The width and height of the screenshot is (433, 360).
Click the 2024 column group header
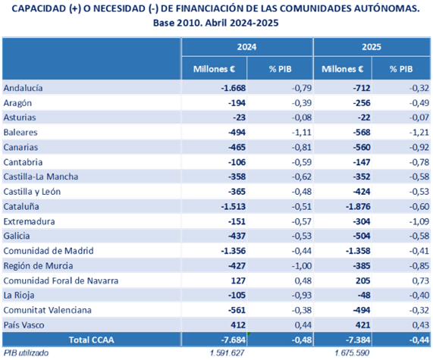(247, 47)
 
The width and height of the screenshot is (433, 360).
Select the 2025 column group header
(372, 47)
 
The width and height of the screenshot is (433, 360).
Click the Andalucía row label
(23, 88)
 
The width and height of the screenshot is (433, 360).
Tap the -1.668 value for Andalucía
(233, 88)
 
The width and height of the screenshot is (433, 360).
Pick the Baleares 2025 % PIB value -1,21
(419, 133)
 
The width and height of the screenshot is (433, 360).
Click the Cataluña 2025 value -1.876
(358, 206)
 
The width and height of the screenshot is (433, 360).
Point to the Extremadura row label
(29, 221)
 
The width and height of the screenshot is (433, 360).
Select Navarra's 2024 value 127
(238, 280)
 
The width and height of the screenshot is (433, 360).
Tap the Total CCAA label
(92, 340)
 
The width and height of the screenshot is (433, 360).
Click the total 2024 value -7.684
(233, 340)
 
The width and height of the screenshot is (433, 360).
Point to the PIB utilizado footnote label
(26, 353)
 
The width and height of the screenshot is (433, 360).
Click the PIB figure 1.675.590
(352, 353)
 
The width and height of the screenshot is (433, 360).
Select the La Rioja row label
(19, 296)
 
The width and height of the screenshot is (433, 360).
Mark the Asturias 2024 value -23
(239, 117)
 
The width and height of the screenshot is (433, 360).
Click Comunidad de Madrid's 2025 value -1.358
(358, 251)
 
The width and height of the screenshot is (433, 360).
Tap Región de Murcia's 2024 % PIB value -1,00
(302, 266)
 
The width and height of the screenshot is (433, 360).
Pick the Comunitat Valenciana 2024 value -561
(237, 310)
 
